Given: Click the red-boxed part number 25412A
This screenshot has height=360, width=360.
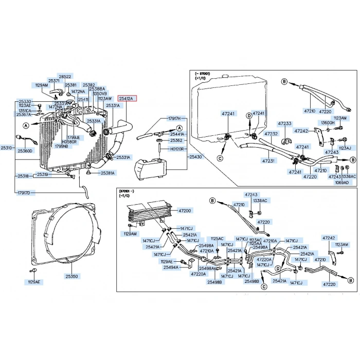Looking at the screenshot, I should [126, 98].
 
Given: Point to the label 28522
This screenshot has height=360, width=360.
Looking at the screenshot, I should [65, 76].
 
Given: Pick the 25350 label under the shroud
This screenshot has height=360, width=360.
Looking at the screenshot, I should [71, 276].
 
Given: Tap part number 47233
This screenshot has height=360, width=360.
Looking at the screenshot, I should [284, 123].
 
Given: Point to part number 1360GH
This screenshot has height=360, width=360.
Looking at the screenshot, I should [328, 123].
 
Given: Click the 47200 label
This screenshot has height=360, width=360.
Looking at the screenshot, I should [185, 211].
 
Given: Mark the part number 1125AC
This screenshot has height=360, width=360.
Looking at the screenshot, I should [217, 239].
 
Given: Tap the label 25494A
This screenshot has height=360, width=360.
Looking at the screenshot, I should [171, 267].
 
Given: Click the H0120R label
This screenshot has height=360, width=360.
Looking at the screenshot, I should [177, 148].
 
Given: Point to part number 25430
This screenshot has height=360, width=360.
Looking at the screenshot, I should [196, 156].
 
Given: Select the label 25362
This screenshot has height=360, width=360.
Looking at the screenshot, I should [176, 140].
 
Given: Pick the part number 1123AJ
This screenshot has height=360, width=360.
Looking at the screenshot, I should [345, 148].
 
